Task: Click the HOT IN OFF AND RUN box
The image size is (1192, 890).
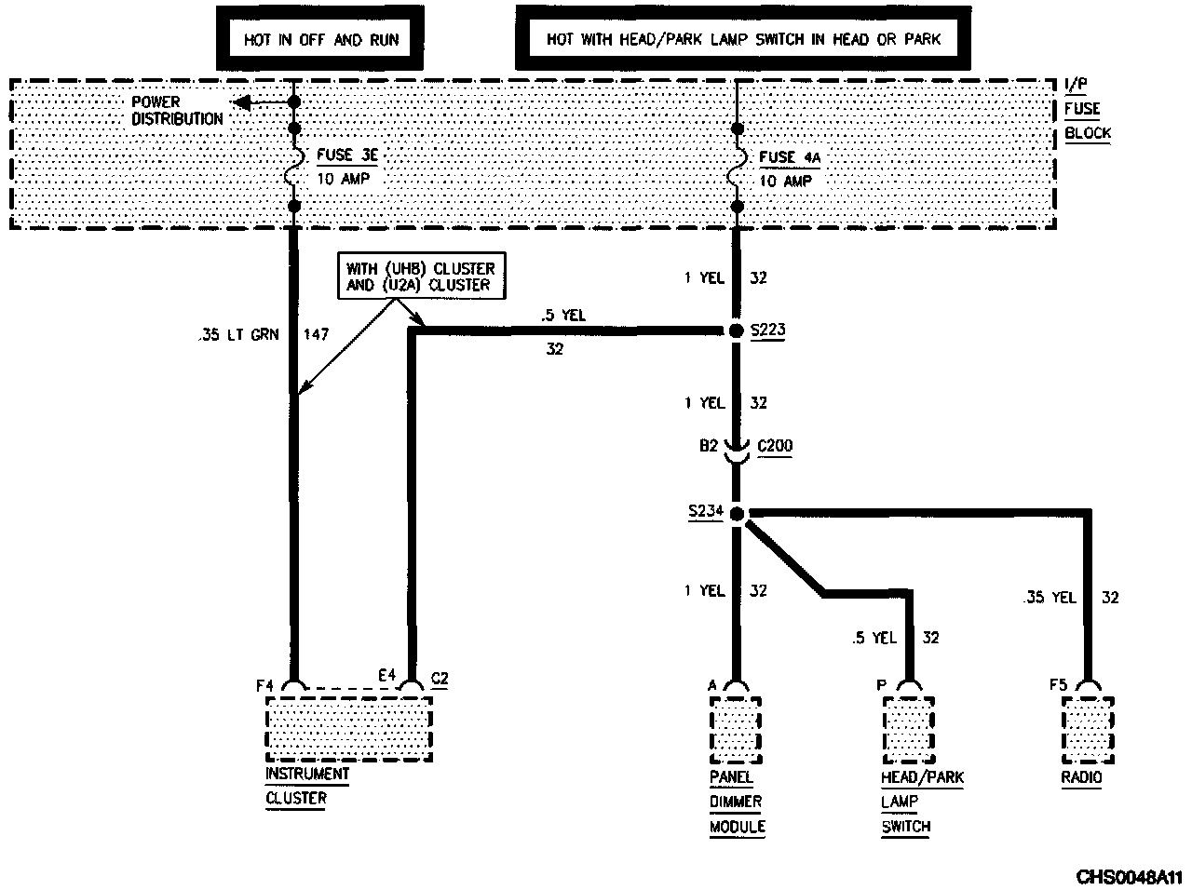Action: (x=320, y=39)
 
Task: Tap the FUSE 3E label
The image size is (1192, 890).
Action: (x=347, y=157)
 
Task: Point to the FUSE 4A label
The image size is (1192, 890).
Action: (x=790, y=157)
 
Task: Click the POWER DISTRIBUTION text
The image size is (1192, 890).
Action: (x=177, y=110)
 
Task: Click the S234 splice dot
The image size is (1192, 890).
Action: (x=736, y=513)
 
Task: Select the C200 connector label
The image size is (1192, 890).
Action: (x=775, y=446)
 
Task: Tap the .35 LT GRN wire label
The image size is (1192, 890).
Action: (x=238, y=335)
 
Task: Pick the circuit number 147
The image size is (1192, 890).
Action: (x=316, y=335)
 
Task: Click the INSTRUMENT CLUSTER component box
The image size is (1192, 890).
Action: (x=349, y=729)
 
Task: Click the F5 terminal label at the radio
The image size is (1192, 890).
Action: (x=1058, y=685)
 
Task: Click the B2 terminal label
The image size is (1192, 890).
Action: (x=710, y=446)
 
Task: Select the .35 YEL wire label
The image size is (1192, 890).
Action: (x=1050, y=598)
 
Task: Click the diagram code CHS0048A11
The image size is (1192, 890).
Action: (x=1129, y=877)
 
